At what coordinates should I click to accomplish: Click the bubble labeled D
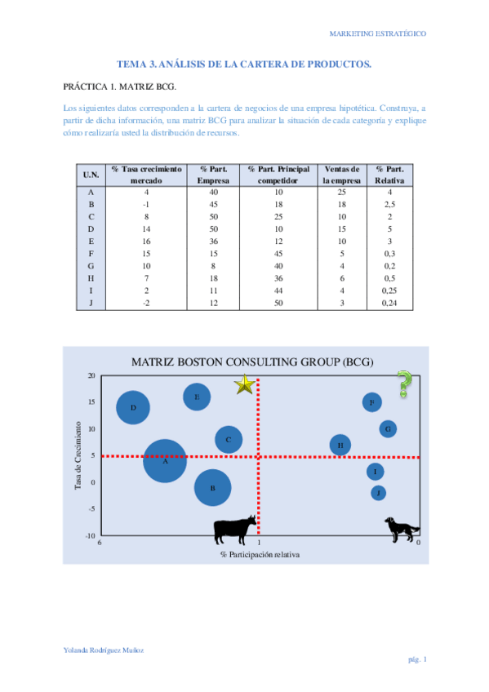[133, 407]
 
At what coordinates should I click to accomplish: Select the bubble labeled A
[165, 461]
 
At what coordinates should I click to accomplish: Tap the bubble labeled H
[340, 445]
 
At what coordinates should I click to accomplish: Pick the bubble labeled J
[378, 493]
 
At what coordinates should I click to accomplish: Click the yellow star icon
[245, 384]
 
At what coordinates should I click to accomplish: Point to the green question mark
[403, 384]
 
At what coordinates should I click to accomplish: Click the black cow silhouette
[234, 530]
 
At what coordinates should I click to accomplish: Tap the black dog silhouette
[402, 528]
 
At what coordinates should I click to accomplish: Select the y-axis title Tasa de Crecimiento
[78, 455]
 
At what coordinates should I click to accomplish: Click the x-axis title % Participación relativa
[260, 554]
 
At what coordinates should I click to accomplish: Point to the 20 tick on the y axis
[91, 375]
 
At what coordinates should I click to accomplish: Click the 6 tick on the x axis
[100, 543]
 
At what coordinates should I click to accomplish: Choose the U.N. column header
[91, 174]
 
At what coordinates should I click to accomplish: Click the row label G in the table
[91, 266]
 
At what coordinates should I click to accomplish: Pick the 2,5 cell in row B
[390, 204]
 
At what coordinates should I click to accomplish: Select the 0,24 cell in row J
[390, 304]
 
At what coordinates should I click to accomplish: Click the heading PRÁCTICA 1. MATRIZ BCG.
[119, 86]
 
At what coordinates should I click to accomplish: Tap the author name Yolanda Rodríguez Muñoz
[104, 650]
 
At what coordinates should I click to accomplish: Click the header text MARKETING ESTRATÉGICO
[377, 33]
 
